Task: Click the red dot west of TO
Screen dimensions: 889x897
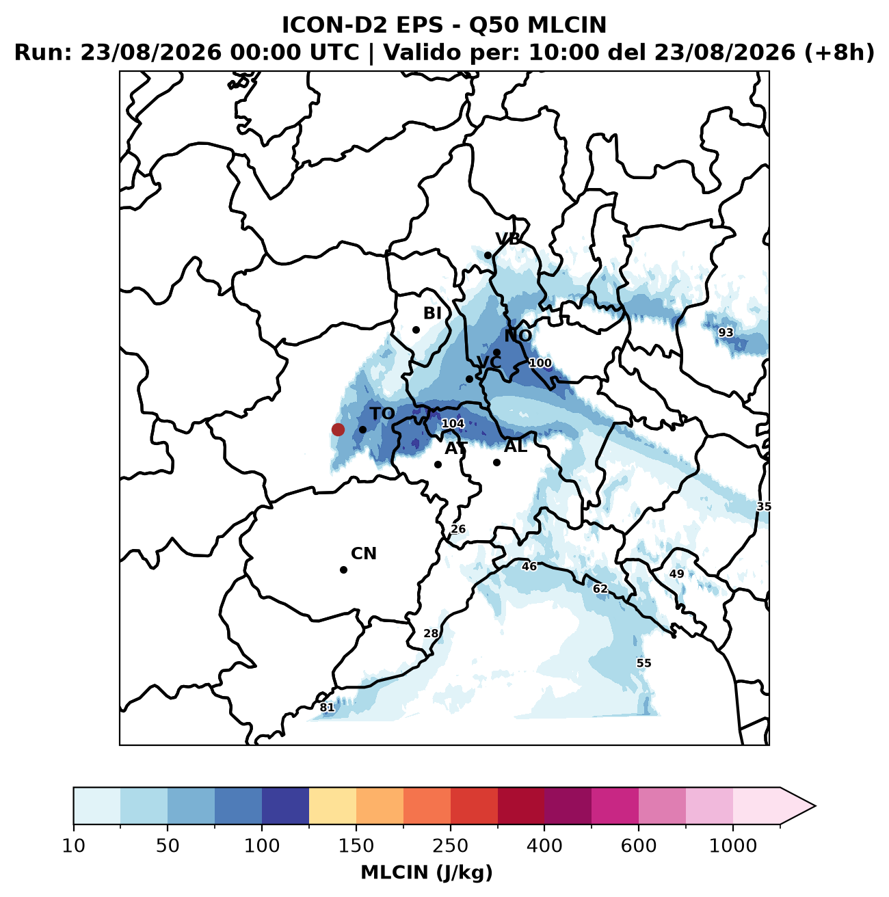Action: pos(338,429)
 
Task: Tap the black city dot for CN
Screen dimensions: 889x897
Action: pos(343,570)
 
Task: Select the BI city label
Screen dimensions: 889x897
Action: pos(432,313)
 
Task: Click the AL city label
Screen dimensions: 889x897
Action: pos(516,446)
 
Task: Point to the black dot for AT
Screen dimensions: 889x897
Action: pos(438,464)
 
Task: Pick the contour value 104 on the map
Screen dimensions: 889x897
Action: pos(453,424)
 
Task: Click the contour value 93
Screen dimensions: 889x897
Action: pos(726,332)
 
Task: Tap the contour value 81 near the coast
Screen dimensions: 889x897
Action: pos(327,708)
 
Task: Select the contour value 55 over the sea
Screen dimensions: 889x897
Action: pos(643,663)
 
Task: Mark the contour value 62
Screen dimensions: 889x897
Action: pos(600,589)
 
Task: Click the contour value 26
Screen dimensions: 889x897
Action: pos(458,528)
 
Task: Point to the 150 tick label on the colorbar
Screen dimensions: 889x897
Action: pos(356,845)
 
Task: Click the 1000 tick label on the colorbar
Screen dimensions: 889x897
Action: pos(733,845)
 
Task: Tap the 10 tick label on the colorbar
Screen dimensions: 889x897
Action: pos(74,845)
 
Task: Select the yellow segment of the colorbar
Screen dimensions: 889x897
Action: pos(332,806)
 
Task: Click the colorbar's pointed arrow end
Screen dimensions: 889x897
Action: pos(814,806)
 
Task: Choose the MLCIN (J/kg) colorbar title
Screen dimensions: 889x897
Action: pos(427,872)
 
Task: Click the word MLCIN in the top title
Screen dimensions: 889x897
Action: pos(567,25)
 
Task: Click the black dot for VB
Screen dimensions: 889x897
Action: pos(488,255)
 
